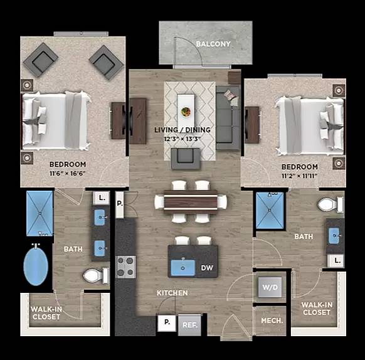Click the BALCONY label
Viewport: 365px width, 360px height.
[x=213, y=45]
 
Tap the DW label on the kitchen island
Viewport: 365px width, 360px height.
[x=207, y=268]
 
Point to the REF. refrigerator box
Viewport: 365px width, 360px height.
[x=188, y=325]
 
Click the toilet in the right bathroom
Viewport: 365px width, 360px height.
[x=329, y=204]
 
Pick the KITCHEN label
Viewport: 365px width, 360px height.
[x=172, y=293]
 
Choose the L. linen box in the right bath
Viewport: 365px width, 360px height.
[x=338, y=259]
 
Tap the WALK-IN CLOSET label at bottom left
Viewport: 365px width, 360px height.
[x=46, y=312]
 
